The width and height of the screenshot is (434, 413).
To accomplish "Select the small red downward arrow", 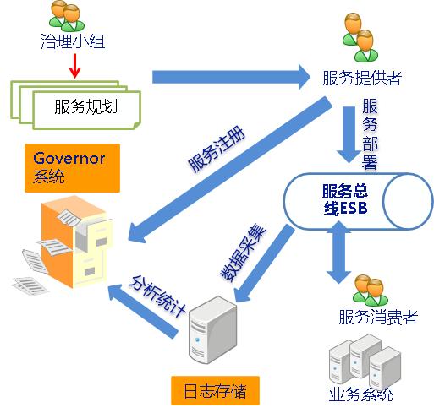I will [x=74, y=64].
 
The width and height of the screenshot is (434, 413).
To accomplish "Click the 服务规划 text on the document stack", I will [x=85, y=107].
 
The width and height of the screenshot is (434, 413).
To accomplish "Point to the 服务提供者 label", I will [x=361, y=79].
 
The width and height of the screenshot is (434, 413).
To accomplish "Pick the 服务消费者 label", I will [x=377, y=318].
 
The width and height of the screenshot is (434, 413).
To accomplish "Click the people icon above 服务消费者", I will [x=372, y=288].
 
